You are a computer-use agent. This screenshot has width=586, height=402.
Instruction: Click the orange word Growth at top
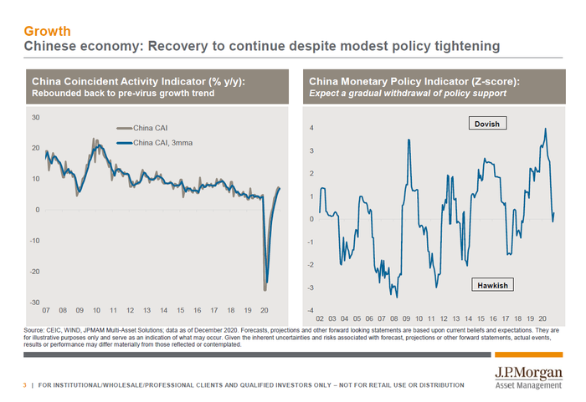pos(46,31)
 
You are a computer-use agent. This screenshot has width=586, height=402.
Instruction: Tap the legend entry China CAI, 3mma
pos(160,143)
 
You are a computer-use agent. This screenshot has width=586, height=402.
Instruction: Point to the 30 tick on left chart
pos(35,117)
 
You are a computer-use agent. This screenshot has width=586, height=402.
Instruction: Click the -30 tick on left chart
pos(33,302)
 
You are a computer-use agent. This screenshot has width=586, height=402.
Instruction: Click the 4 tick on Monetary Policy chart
pos(311,128)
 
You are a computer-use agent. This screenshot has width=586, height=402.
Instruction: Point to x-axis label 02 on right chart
pos(321,318)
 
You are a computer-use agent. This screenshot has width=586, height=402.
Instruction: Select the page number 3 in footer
pos(24,384)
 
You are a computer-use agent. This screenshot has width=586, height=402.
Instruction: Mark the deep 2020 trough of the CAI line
pos(265,290)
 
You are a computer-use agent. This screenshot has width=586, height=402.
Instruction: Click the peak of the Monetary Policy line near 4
pos(546,129)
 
